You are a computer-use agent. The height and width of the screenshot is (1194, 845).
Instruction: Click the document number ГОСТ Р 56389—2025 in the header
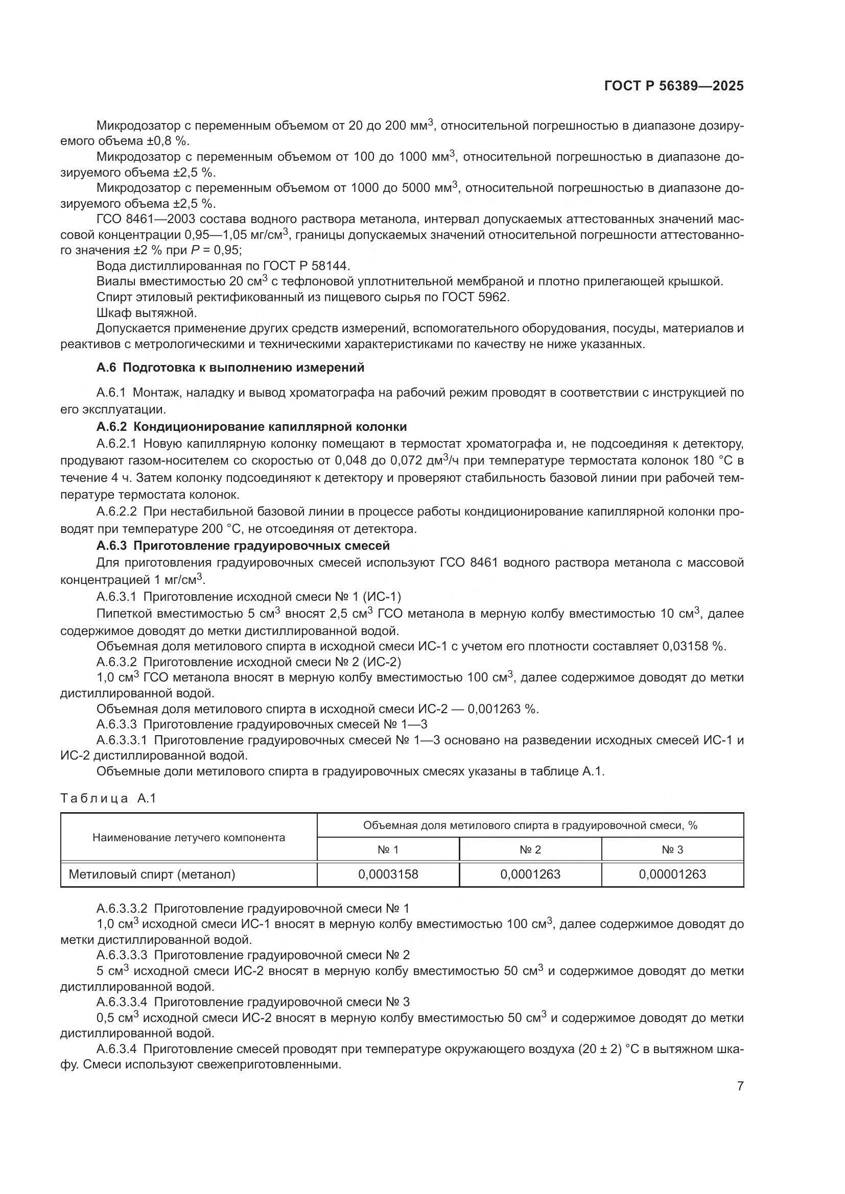674,86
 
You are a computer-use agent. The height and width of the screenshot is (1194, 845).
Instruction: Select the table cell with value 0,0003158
388,874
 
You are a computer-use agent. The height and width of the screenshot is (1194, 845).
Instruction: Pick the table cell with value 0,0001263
530,874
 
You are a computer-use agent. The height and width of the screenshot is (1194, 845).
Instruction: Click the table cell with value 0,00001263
672,874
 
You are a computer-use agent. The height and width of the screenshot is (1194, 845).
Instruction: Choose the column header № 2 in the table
530,850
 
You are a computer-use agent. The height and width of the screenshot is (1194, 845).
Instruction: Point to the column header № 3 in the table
672,850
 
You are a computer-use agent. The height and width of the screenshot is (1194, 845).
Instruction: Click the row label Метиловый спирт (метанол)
152,874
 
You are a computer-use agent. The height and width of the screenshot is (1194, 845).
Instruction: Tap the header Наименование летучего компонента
189,837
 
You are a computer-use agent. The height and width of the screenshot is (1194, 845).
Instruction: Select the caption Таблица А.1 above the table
108,798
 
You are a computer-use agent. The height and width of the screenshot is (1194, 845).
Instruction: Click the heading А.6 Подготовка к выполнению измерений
230,368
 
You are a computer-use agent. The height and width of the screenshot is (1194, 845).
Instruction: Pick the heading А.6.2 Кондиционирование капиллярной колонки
251,426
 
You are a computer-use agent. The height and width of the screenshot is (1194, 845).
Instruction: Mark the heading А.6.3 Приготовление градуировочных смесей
243,546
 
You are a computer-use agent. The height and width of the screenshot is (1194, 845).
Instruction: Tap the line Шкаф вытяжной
147,313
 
